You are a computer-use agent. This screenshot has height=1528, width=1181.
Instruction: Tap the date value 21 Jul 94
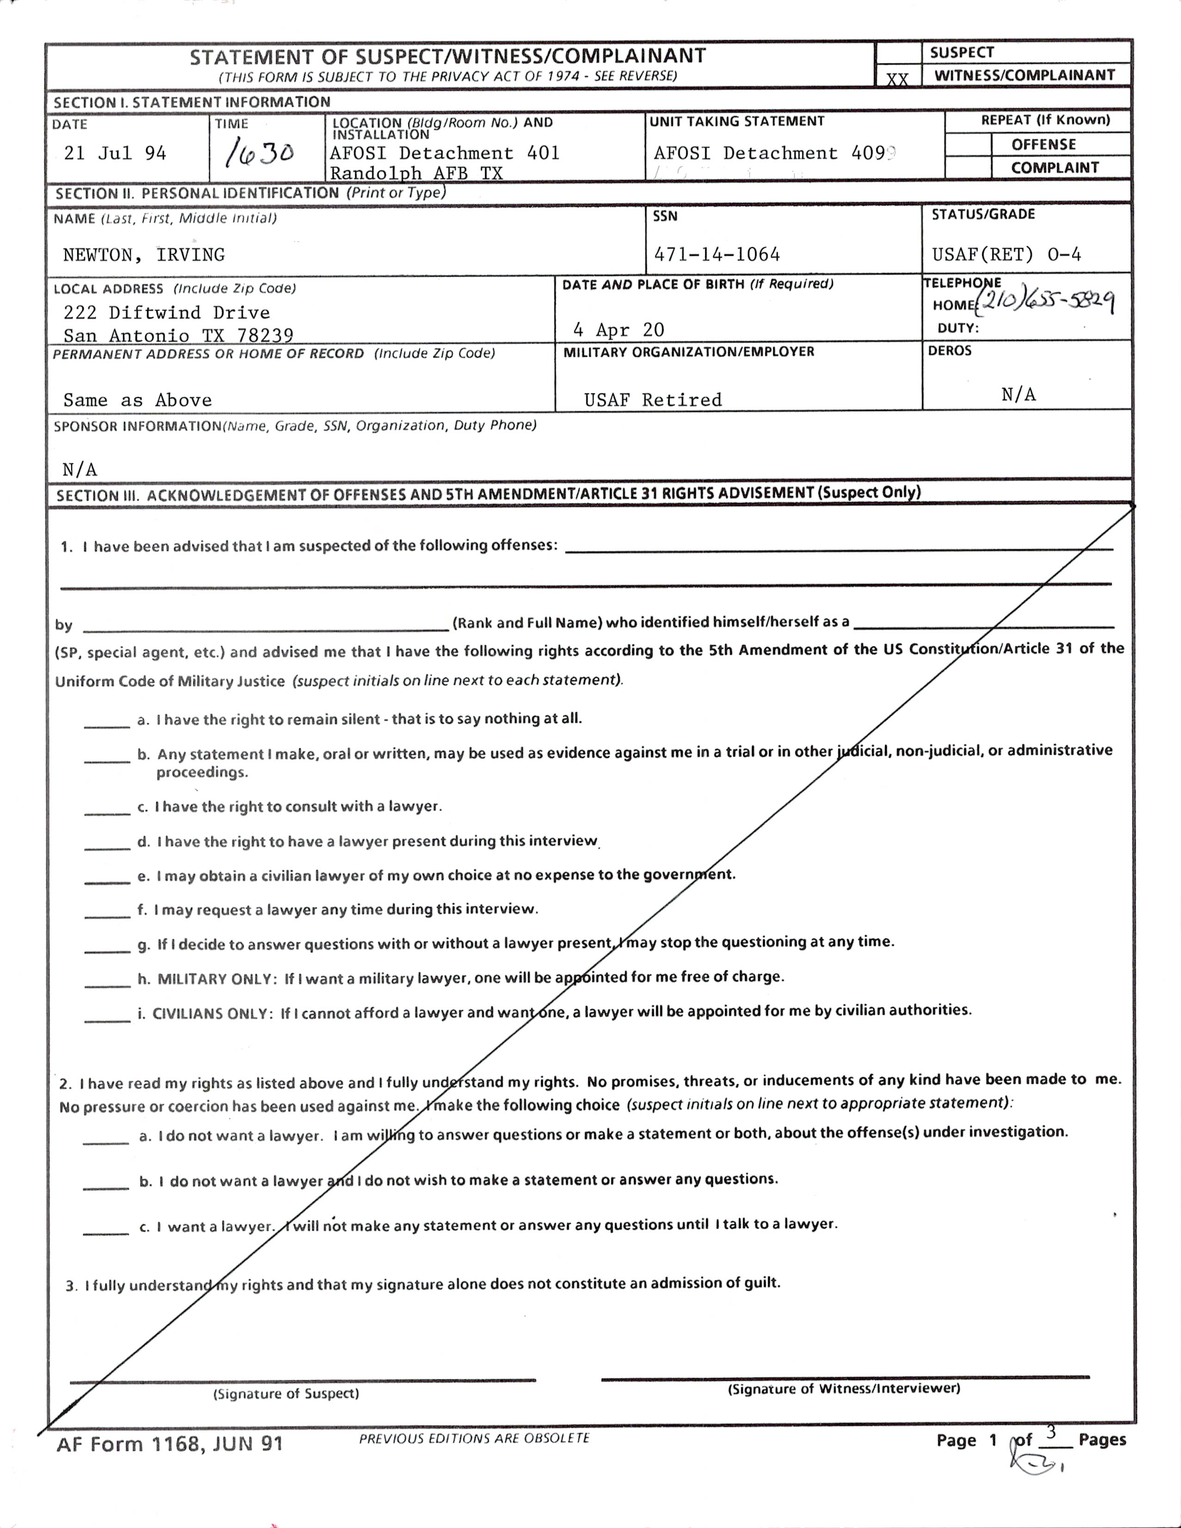tap(116, 153)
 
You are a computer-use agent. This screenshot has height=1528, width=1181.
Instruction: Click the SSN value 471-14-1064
tap(717, 254)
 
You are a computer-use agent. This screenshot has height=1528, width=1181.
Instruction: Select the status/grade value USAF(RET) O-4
tap(1006, 255)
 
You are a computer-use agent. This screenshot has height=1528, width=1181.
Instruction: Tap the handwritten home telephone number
tap(1046, 302)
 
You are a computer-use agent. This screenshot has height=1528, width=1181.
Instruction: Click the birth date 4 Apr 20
tap(618, 329)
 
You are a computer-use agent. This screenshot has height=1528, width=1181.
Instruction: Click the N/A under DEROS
tap(1018, 395)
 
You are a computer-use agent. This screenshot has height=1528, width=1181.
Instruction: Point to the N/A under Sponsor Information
tap(80, 469)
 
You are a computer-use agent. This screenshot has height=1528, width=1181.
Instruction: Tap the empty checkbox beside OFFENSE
tap(968, 145)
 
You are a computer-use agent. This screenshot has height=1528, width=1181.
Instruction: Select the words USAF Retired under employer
tap(653, 400)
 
